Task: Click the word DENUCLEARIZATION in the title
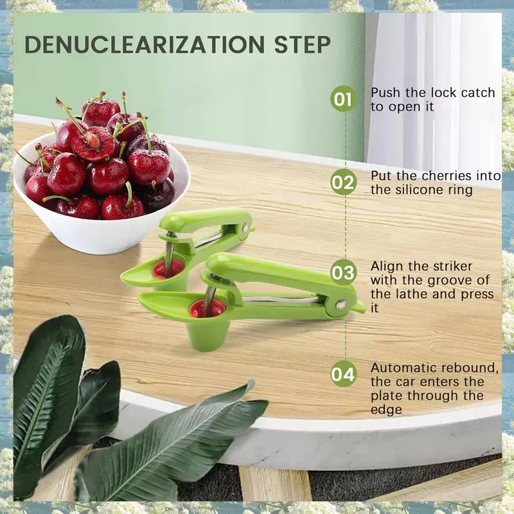click(141, 45)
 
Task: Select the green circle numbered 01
click(343, 100)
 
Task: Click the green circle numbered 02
click(343, 183)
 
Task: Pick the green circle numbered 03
click(343, 272)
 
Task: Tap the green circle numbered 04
click(343, 374)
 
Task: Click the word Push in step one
click(386, 93)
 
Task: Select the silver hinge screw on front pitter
click(341, 305)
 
